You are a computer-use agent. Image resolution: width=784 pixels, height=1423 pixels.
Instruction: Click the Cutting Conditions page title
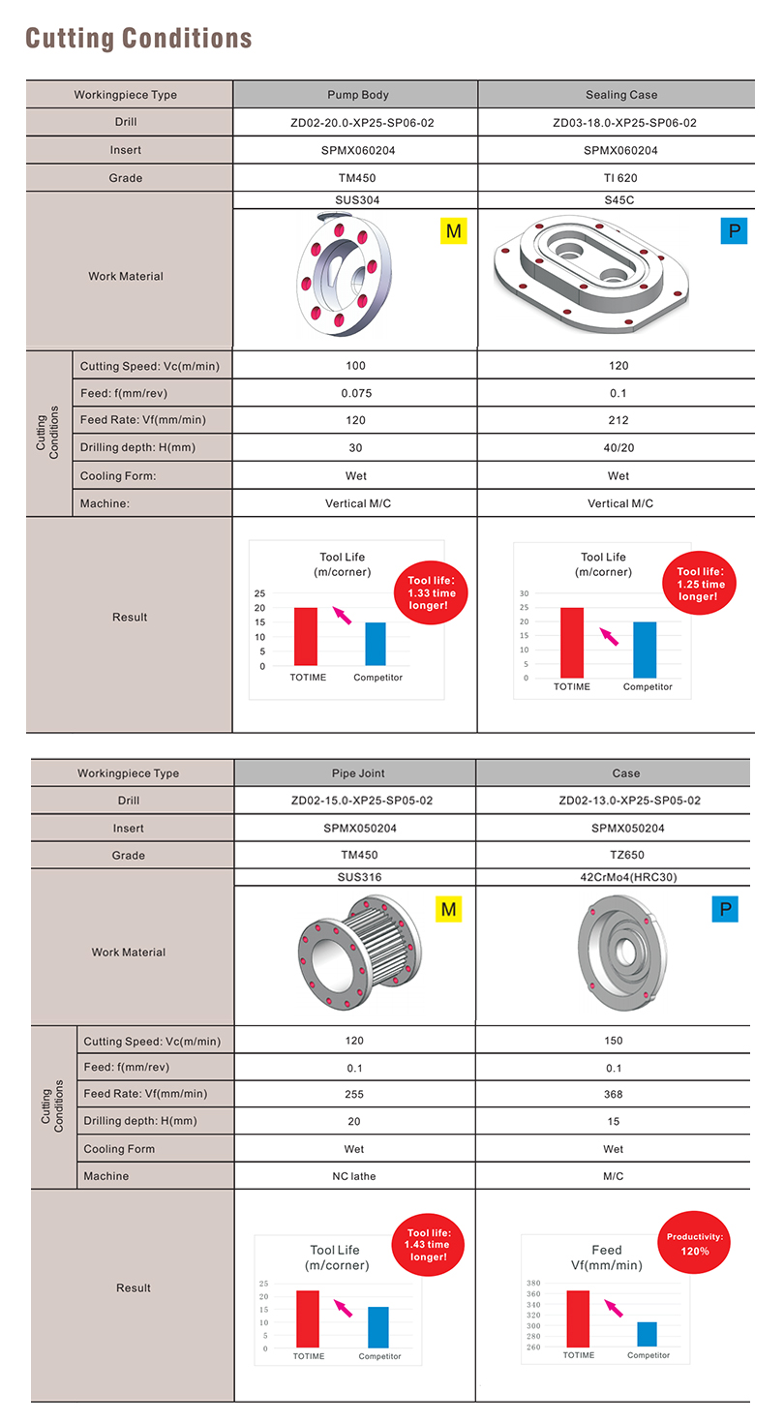tap(138, 39)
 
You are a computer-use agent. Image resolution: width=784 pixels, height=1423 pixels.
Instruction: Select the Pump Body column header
tap(356, 95)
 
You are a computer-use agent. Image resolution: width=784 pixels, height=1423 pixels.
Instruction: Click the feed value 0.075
tap(356, 393)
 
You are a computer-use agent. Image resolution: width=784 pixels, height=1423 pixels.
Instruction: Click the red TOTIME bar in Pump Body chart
tap(306, 636)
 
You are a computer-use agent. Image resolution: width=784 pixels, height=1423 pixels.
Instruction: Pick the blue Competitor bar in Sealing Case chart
tap(645, 650)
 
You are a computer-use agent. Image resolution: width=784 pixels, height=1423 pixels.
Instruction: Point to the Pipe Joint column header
tap(355, 773)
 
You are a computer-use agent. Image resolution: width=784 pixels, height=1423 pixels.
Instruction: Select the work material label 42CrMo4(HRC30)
tap(614, 878)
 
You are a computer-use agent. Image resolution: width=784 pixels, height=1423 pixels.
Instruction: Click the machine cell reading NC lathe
tap(354, 1176)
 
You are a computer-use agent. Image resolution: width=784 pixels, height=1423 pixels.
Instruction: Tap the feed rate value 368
tap(614, 1094)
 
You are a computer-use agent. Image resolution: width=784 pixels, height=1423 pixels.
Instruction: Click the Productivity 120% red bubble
tap(695, 1244)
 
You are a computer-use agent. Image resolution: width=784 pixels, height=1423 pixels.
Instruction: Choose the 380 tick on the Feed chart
tap(534, 1284)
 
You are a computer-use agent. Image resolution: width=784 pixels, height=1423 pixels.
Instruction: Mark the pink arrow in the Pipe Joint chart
tap(343, 1307)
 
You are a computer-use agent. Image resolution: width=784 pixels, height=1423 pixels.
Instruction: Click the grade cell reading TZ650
tap(614, 855)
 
